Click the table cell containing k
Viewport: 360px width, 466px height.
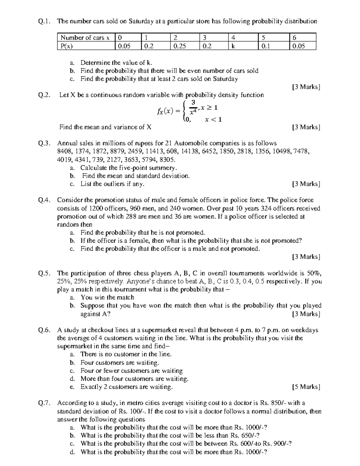(x=243, y=46)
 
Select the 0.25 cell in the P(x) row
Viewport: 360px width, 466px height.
(x=184, y=46)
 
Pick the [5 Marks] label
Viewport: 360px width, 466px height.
(x=306, y=387)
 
